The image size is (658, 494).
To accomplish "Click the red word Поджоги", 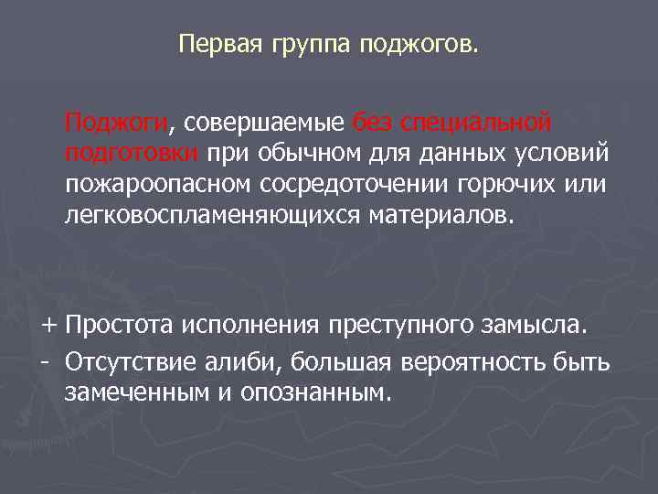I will click(116, 123).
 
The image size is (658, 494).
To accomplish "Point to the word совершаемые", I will click(265, 123).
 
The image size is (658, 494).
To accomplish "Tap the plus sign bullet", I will click(48, 325).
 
